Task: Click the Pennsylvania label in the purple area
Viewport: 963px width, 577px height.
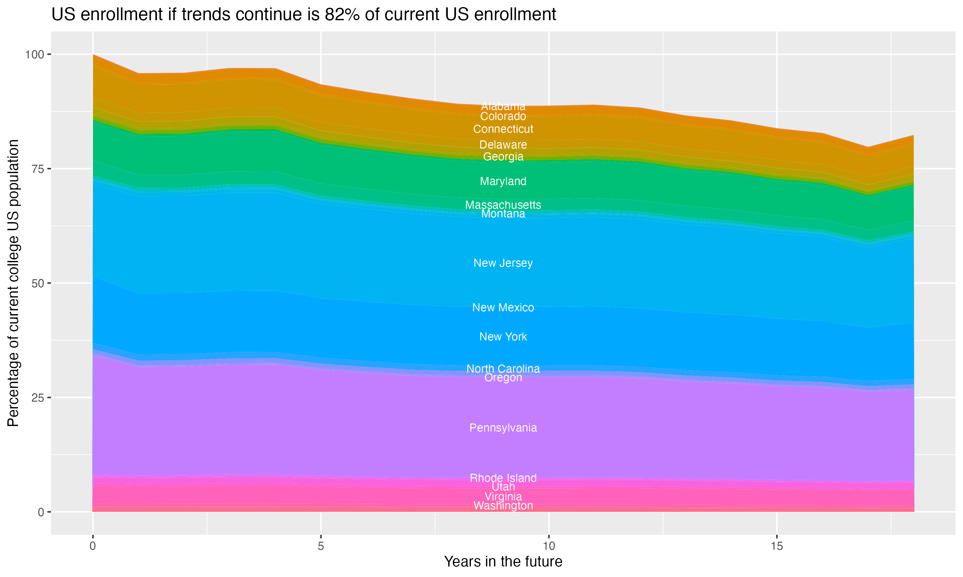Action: pos(503,428)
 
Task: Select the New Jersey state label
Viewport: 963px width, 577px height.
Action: pos(503,263)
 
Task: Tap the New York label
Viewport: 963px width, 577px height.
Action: pos(503,337)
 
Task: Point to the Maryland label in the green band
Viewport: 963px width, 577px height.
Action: pos(503,181)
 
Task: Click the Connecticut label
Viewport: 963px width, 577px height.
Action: pos(503,129)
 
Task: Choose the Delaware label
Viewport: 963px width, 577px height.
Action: pos(503,145)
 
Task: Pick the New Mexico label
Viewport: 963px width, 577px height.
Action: pos(503,307)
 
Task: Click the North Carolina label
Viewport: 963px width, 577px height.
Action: pos(503,369)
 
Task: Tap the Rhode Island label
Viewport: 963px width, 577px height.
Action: pos(503,478)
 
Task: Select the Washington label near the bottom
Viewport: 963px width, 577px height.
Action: pos(503,506)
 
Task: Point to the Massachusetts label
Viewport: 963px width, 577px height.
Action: pos(503,205)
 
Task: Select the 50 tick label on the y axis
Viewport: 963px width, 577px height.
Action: pos(38,283)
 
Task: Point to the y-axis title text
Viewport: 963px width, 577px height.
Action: pos(13,283)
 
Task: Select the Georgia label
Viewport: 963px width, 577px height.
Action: pos(503,157)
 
